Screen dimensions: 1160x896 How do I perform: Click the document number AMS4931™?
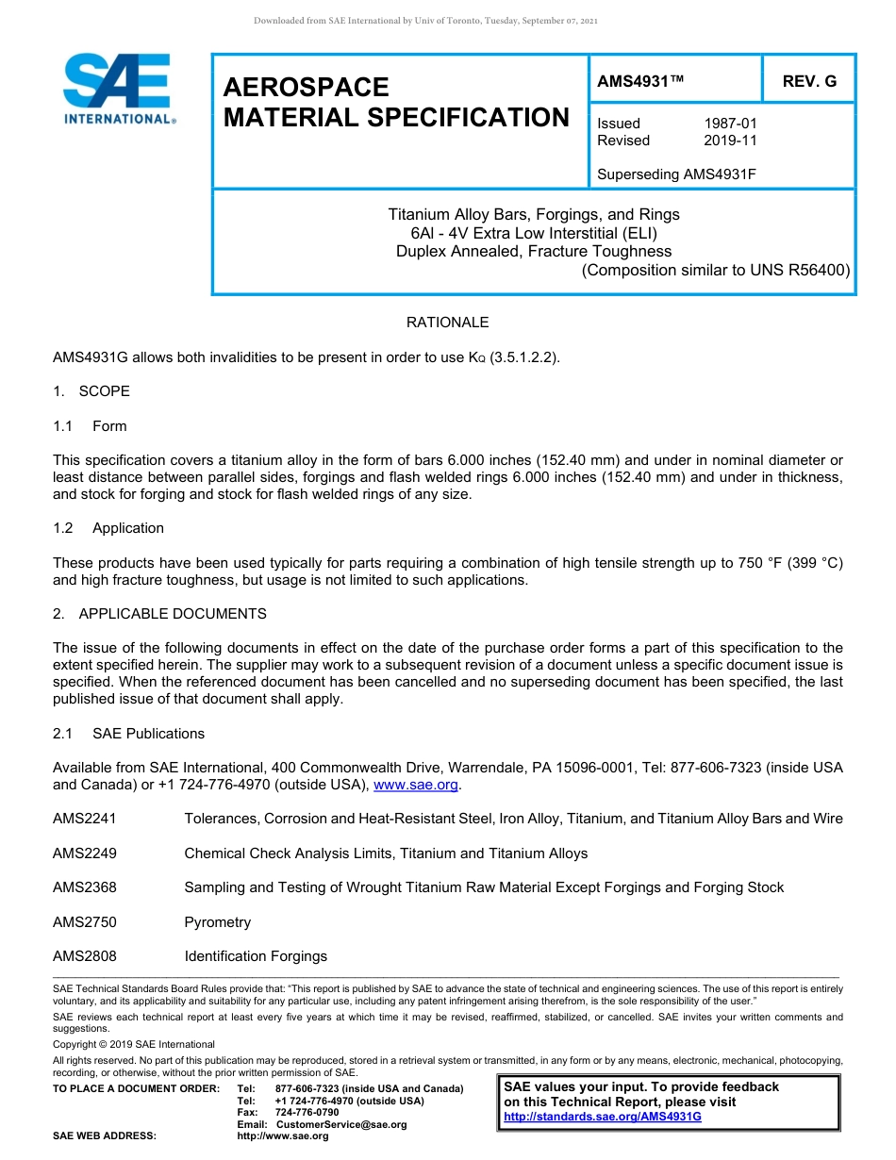coord(640,82)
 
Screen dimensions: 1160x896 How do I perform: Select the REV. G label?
coord(809,82)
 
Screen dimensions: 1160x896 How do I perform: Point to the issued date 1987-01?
coord(730,124)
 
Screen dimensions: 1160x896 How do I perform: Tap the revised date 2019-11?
coord(730,141)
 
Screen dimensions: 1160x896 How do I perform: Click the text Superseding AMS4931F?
coord(677,174)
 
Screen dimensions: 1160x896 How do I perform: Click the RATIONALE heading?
coord(447,323)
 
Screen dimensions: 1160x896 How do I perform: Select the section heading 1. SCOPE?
coord(91,391)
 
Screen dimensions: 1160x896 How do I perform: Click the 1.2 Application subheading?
coord(108,528)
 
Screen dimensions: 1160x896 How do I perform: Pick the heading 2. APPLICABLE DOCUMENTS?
coord(159,614)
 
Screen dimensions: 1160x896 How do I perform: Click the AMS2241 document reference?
coord(85,819)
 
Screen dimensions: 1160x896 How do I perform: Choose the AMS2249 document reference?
coord(85,853)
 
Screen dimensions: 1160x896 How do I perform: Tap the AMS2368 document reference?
coord(85,887)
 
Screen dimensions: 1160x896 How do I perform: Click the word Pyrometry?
coord(218,922)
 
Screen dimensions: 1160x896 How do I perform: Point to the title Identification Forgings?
coord(256,956)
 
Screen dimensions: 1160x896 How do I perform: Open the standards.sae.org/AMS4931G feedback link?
coord(603,1117)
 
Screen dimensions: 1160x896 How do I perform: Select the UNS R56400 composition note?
coord(716,270)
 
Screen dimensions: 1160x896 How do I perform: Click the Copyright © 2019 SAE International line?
coord(134,1044)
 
